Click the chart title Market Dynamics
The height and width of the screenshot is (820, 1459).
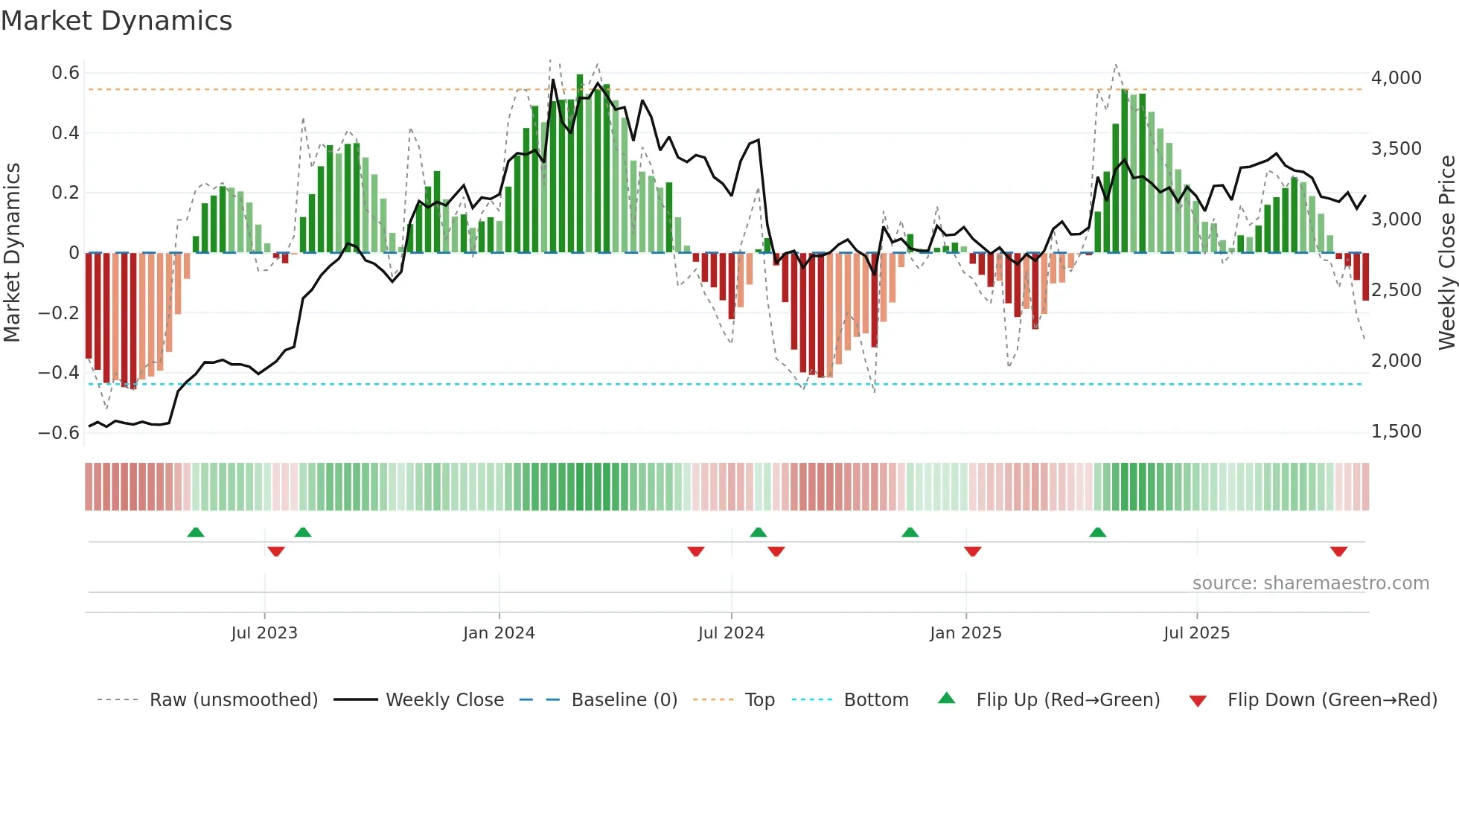[116, 21]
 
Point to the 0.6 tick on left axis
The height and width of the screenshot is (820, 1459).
[66, 73]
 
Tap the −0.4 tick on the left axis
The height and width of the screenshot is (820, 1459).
[59, 372]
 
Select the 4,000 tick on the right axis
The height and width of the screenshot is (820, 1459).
[1396, 78]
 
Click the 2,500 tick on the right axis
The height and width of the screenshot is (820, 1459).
[1396, 290]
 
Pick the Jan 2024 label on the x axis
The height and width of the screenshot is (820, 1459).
[499, 633]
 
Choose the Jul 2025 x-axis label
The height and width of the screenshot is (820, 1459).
[1196, 633]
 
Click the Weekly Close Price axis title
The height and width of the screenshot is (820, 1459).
[1446, 253]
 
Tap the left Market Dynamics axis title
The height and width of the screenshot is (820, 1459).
[13, 253]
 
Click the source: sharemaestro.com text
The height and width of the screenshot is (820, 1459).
[1310, 583]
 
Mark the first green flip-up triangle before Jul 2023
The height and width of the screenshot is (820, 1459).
[196, 533]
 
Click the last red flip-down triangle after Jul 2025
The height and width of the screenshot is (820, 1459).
[1338, 551]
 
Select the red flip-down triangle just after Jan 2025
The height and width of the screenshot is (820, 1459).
[972, 551]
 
